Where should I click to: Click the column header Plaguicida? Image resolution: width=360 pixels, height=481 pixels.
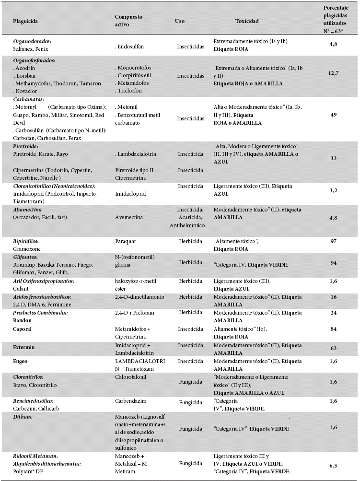tap(25, 22)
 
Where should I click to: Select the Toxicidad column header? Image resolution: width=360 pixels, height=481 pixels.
tap(247, 22)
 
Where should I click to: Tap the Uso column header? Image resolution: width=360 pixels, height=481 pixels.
tap(180, 22)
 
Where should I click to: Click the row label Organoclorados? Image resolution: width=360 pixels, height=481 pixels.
tap(32, 42)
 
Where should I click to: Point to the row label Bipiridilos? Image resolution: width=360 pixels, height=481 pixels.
tap(26, 239)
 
